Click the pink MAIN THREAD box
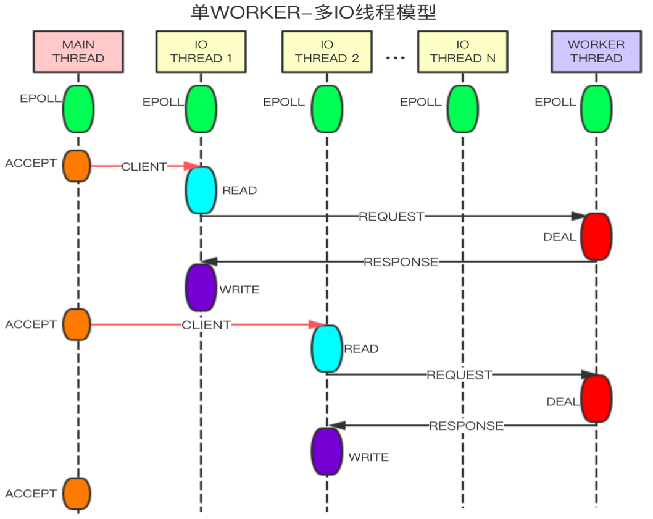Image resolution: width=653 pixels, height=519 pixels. (78, 52)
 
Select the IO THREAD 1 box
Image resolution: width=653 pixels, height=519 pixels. (201, 52)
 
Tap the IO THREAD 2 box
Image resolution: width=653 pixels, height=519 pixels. (326, 52)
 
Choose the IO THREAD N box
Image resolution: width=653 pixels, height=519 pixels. (462, 52)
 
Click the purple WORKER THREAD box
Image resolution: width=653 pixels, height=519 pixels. (596, 52)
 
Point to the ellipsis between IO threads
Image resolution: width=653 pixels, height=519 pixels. (395, 57)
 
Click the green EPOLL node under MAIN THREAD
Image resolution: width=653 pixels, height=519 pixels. (78, 109)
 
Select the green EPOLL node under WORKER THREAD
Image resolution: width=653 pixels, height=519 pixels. (597, 109)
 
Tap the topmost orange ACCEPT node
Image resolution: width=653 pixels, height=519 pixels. (77, 166)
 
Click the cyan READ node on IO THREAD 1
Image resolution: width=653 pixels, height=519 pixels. (201, 190)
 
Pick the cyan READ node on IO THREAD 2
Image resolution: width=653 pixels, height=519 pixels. (326, 348)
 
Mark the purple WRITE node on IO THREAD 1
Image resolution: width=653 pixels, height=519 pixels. (201, 288)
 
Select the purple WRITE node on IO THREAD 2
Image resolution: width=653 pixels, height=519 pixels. (326, 451)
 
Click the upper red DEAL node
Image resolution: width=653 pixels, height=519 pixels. (596, 237)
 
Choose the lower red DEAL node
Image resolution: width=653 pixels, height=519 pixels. (596, 399)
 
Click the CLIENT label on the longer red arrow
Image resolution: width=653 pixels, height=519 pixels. (206, 325)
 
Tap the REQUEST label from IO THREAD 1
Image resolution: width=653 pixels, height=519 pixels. (391, 216)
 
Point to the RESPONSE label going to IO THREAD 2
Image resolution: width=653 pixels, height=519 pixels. (466, 426)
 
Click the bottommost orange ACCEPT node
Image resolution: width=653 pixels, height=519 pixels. (77, 493)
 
